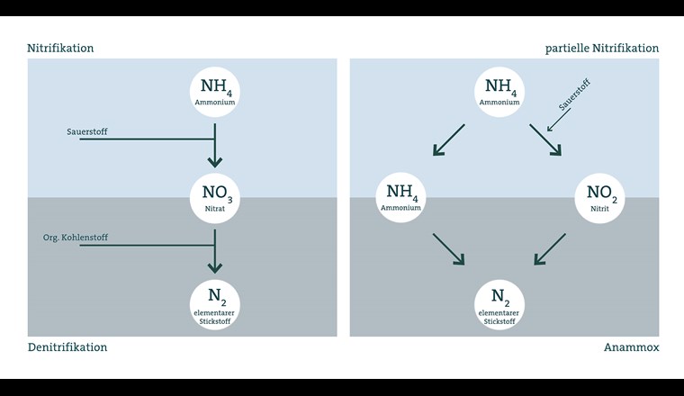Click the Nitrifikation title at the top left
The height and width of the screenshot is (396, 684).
coord(60,48)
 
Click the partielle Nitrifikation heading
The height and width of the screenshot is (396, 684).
coord(602,48)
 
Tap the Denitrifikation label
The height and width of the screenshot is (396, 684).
coord(67,346)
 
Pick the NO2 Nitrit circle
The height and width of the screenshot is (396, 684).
coord(599,196)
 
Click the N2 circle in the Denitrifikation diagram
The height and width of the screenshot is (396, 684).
coord(214,304)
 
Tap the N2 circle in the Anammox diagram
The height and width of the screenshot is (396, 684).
coord(499,304)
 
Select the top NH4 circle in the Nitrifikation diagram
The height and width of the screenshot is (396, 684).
coord(214,92)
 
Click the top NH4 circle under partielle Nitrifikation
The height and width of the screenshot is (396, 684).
coord(499,92)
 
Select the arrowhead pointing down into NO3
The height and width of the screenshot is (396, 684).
coord(214,163)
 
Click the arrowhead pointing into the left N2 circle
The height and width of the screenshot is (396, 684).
coord(214,267)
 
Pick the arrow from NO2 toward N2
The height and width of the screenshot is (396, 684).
coord(550,249)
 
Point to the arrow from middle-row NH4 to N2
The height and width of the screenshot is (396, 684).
coord(448,249)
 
